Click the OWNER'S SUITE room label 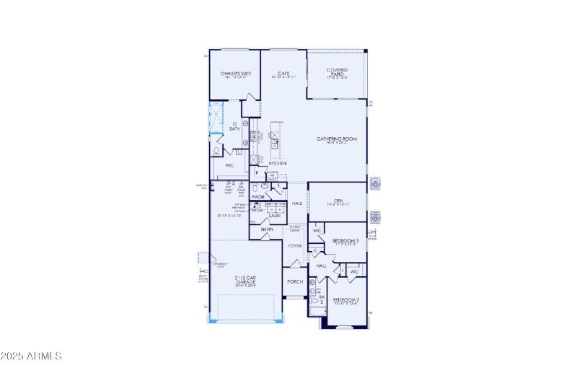click(235, 74)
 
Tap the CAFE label click(283, 74)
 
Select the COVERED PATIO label click(337, 72)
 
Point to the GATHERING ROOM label click(337, 139)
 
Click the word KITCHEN click(278, 164)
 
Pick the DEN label click(338, 201)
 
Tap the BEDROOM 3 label click(345, 240)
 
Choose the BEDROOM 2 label click(346, 299)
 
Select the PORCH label click(294, 281)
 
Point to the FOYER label click(295, 246)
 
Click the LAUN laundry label click(274, 215)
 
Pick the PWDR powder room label click(258, 196)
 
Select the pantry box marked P click(256, 173)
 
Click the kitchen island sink click(275, 144)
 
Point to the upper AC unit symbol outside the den click(374, 185)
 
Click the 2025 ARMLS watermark click(32, 356)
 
